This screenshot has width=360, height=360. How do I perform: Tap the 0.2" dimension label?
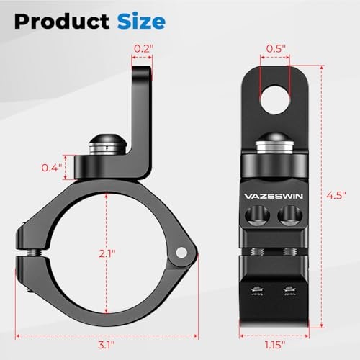[141, 49]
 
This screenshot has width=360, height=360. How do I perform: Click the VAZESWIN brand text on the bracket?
[274, 194]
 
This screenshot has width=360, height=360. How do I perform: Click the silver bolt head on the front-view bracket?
[274, 145]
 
